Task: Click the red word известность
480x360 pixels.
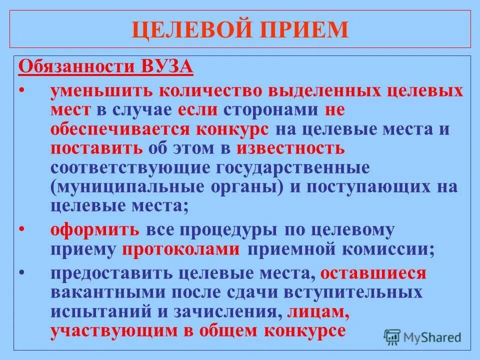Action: coord(290,148)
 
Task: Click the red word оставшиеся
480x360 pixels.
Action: coord(373,273)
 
